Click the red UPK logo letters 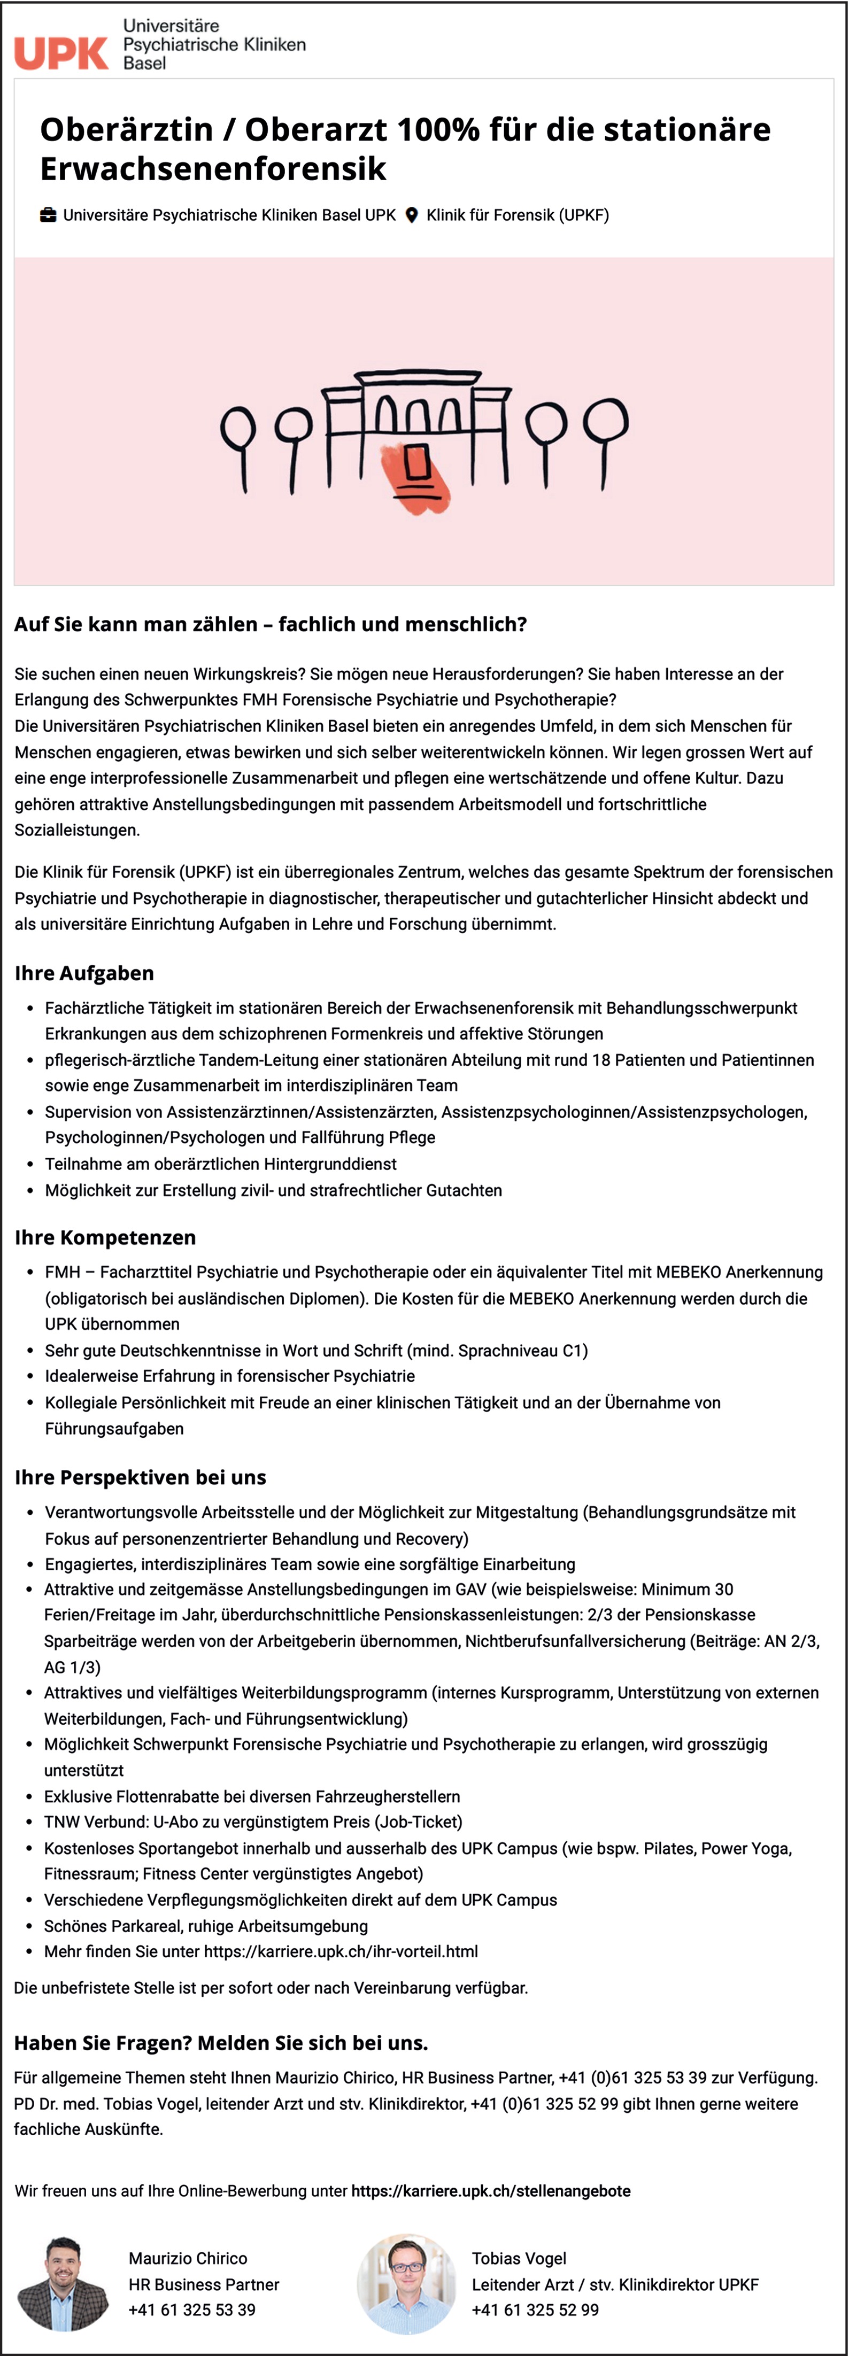click(61, 53)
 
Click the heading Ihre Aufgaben click(84, 973)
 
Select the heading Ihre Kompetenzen click(105, 1237)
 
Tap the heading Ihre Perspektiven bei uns click(140, 1477)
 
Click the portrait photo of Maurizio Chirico click(63, 2283)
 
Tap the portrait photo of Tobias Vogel click(406, 2283)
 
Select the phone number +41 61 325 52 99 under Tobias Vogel click(535, 2309)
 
